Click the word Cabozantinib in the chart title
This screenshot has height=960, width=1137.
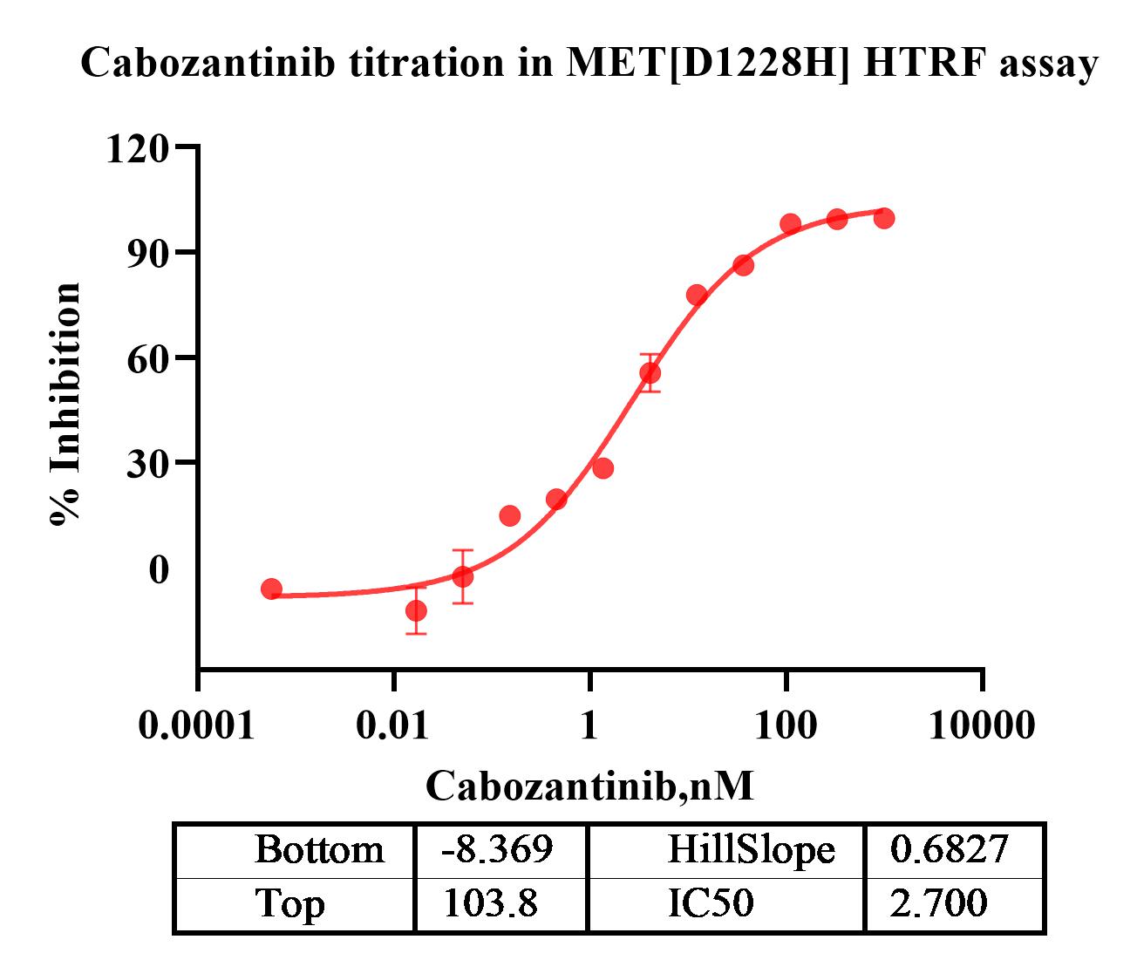[207, 64]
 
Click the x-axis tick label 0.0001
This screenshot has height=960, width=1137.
[197, 725]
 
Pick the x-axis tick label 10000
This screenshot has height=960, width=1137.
[983, 725]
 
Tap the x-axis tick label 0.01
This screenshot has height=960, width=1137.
[394, 725]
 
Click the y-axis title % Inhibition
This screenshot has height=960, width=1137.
[65, 404]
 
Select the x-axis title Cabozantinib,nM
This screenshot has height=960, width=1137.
[589, 786]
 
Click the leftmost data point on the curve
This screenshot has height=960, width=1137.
[271, 589]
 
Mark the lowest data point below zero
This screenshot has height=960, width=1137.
[416, 610]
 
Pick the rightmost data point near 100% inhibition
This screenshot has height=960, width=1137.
[884, 218]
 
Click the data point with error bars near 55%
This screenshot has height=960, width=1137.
[650, 373]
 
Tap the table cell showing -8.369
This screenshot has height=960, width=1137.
[498, 848]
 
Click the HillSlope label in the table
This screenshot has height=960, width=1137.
[751, 848]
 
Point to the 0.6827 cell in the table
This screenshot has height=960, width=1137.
[949, 848]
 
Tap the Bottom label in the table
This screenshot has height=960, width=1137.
[318, 848]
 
